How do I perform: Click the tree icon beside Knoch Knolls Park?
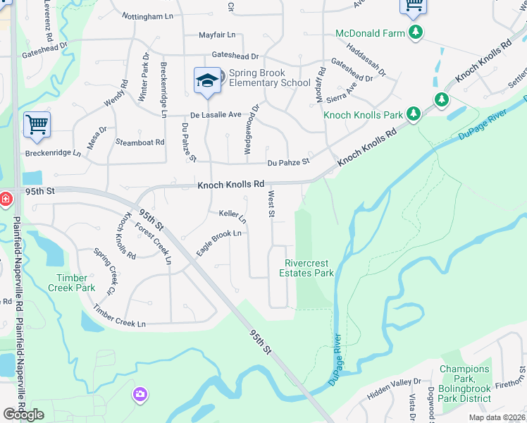[414, 113]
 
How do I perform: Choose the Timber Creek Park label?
[71, 283]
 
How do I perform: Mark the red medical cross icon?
[6, 200]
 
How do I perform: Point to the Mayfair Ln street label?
[217, 35]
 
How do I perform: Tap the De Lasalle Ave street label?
[216, 114]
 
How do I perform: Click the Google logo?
[23, 415]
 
